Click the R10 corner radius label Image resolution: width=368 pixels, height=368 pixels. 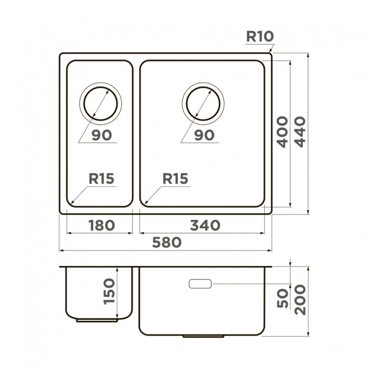click(x=260, y=36)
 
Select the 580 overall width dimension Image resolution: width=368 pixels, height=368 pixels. click(x=167, y=242)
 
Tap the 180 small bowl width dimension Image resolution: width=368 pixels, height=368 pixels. click(x=102, y=225)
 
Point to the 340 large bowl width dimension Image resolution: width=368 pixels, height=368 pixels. click(x=205, y=225)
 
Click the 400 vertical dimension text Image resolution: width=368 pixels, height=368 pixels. click(x=282, y=132)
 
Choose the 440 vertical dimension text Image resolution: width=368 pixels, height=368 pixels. click(x=300, y=132)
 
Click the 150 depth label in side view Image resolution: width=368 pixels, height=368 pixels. click(x=109, y=291)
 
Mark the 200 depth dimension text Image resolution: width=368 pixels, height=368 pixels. click(x=300, y=300)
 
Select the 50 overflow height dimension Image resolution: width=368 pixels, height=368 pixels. click(x=282, y=298)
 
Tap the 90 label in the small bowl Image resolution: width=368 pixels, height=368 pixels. click(x=102, y=135)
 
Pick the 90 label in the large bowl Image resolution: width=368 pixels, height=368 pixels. click(x=205, y=135)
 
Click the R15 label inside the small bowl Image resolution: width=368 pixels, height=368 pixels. click(x=102, y=179)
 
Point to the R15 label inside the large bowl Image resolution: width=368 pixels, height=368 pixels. click(x=175, y=179)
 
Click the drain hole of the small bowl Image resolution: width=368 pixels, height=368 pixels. click(x=101, y=104)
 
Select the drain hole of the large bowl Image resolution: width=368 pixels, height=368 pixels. click(x=203, y=104)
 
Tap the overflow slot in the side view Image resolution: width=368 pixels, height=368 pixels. click(x=200, y=284)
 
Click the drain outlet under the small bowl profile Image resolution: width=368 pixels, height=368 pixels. click(x=97, y=320)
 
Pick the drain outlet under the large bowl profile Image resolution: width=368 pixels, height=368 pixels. click(x=203, y=336)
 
